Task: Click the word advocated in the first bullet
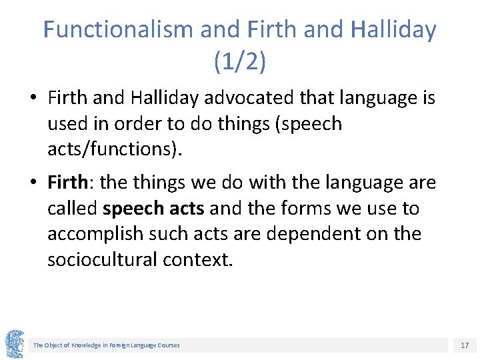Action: [x=245, y=98]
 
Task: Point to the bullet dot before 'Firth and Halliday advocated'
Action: [x=33, y=99]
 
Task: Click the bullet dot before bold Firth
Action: [x=33, y=183]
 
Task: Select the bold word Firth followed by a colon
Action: [x=69, y=182]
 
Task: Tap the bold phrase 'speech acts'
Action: [x=153, y=208]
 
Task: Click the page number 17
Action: [x=465, y=345]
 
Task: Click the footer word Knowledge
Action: [x=85, y=345]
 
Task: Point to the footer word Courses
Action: [x=168, y=345]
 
